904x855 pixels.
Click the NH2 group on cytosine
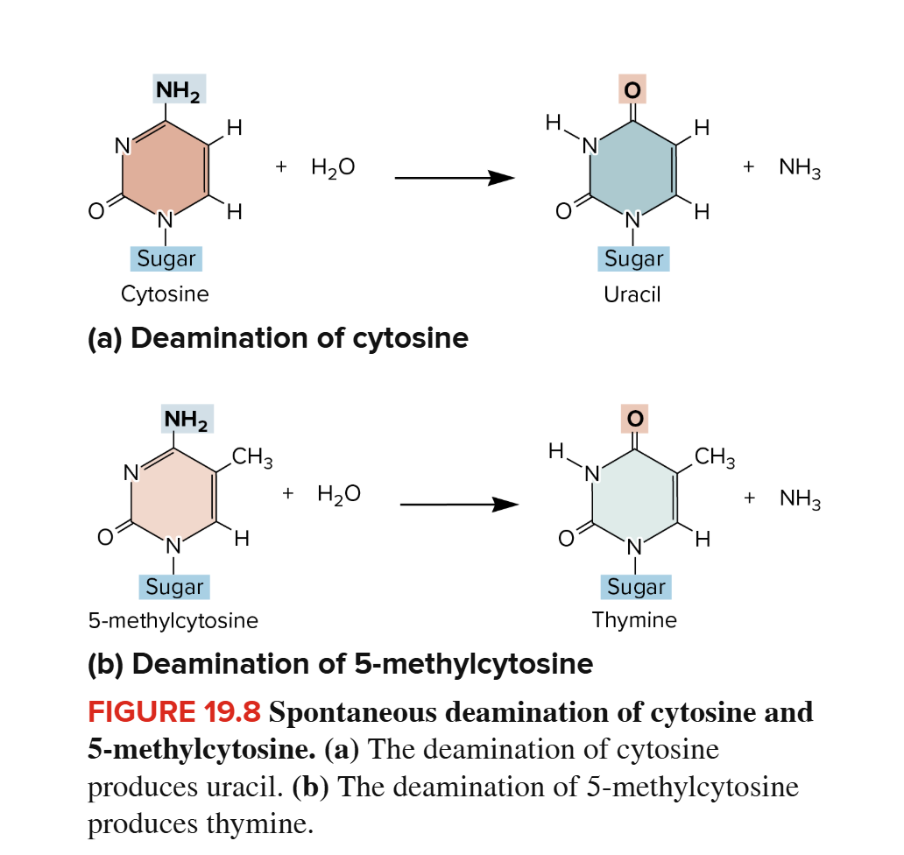coord(180,90)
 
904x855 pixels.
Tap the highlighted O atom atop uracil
coord(631,88)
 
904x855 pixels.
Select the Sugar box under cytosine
coord(166,258)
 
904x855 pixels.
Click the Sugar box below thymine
coord(636,586)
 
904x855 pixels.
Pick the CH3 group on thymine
coord(715,456)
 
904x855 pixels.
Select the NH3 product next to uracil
coord(800,166)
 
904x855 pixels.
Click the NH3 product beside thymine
coord(800,498)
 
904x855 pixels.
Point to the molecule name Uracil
coord(632,294)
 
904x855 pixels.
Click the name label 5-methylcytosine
coord(173,621)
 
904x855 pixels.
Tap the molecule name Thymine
coord(634,620)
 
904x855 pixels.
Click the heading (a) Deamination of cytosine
coord(278,338)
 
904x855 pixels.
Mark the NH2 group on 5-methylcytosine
coord(187,420)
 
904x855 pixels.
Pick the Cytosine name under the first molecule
coord(165,294)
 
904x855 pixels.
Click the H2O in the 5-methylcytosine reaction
coord(338,495)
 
